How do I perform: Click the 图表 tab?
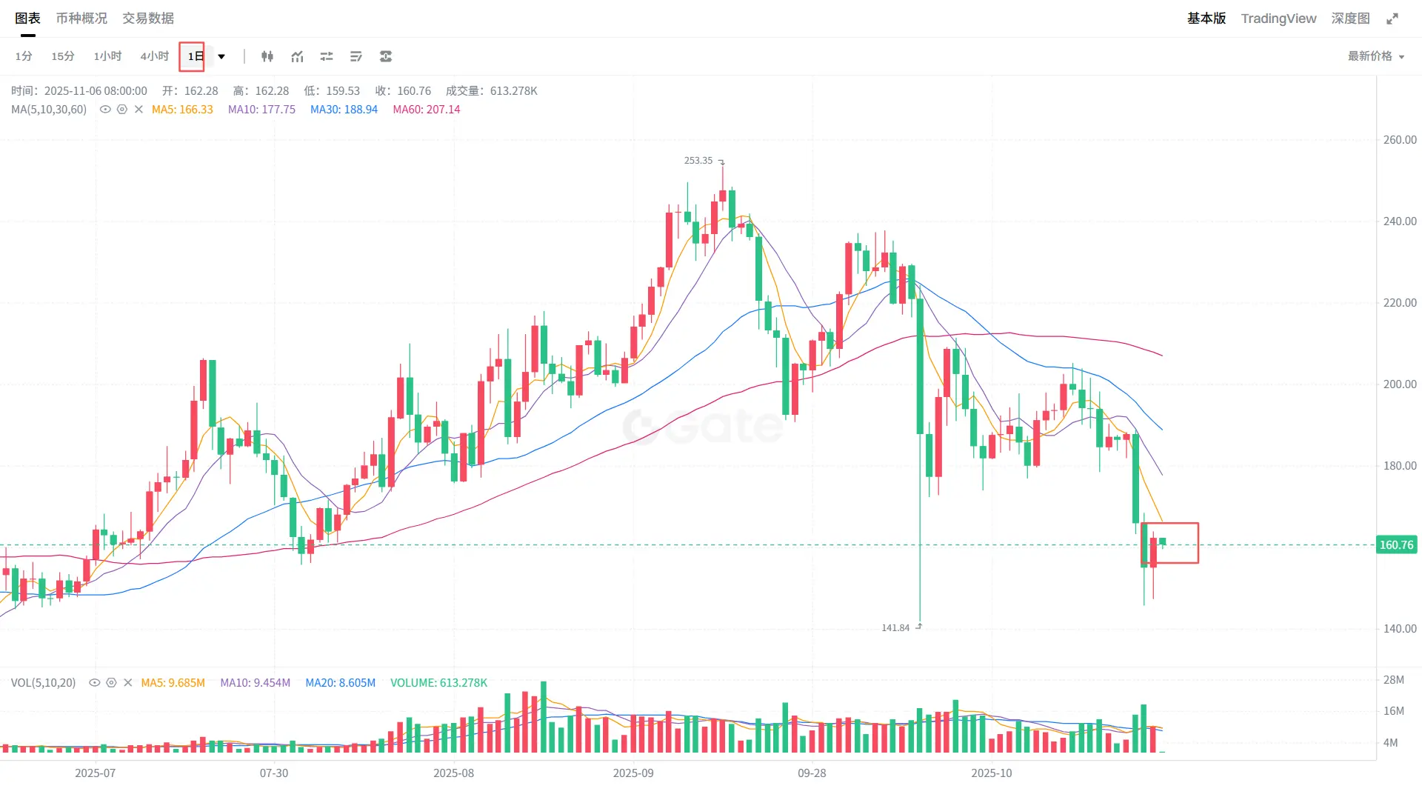[27, 19]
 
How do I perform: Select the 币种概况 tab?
[81, 19]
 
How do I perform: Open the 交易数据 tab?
[148, 19]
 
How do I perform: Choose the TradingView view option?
[1278, 19]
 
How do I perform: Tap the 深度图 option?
[1350, 19]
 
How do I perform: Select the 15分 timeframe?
[63, 56]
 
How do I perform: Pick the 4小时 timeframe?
[154, 56]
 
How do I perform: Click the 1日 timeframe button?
[193, 56]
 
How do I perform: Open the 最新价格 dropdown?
[1375, 56]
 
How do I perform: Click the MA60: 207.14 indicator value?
[426, 110]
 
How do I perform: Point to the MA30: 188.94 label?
[344, 110]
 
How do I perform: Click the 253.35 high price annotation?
[698, 161]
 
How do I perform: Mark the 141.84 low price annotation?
[895, 628]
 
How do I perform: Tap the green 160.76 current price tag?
[1396, 545]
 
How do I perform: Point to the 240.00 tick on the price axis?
[1399, 221]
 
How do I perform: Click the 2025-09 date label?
[633, 773]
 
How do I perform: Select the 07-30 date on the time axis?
[274, 773]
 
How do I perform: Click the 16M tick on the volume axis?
[1393, 711]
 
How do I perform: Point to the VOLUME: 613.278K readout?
[438, 683]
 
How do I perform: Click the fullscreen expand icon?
[1392, 19]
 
